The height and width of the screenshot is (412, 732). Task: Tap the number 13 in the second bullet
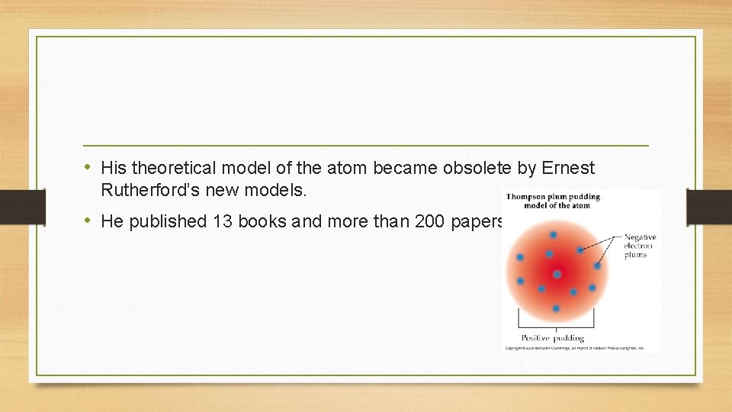(223, 222)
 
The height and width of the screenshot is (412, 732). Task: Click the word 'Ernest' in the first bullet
(567, 167)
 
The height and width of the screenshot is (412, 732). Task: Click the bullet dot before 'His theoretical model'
(89, 166)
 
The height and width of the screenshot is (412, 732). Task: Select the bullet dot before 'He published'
(89, 221)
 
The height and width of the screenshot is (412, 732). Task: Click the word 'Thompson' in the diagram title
(531, 197)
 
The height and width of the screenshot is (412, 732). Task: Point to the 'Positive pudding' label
(553, 337)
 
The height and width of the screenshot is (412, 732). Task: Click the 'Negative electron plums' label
(640, 246)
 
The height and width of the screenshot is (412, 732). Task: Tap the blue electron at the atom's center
(557, 274)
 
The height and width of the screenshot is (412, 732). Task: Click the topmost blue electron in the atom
(553, 234)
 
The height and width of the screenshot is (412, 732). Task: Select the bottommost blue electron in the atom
(556, 308)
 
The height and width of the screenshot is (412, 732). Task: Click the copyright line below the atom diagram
(575, 347)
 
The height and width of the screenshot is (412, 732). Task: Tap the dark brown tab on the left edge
(13, 206)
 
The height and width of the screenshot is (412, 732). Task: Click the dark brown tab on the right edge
(709, 206)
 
